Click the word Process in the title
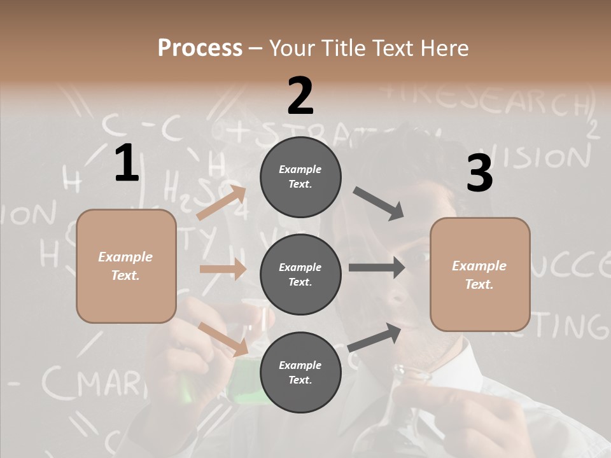[x=200, y=48]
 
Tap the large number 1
[x=127, y=163]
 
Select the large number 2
[x=300, y=96]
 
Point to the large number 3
[x=479, y=174]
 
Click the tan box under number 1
[x=126, y=266]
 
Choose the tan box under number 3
[x=480, y=274]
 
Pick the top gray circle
[x=300, y=176]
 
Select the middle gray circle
[x=300, y=274]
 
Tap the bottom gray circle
[x=300, y=372]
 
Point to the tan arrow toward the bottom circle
[x=223, y=338]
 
